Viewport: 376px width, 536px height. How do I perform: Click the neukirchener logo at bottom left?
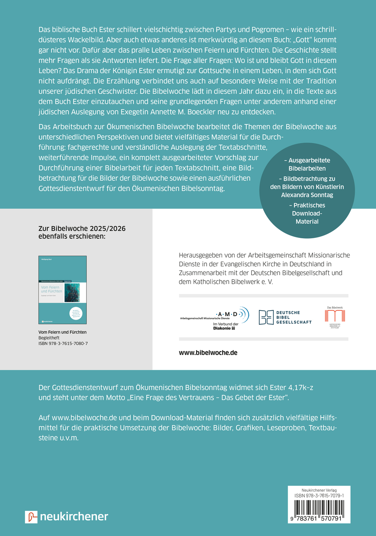[x=67, y=516]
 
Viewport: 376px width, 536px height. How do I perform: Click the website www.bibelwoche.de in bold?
[x=208, y=353]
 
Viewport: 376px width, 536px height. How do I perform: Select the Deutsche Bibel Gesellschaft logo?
[x=285, y=317]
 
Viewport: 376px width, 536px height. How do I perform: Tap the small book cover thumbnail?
[x=62, y=290]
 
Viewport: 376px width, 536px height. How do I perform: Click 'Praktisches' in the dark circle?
[x=307, y=206]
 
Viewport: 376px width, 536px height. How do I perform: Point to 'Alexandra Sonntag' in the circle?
[x=307, y=195]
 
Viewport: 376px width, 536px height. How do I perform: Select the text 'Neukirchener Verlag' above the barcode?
[x=319, y=490]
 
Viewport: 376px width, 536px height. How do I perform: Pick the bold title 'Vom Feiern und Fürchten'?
[x=63, y=332]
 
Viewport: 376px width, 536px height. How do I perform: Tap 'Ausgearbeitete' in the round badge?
[x=307, y=160]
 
